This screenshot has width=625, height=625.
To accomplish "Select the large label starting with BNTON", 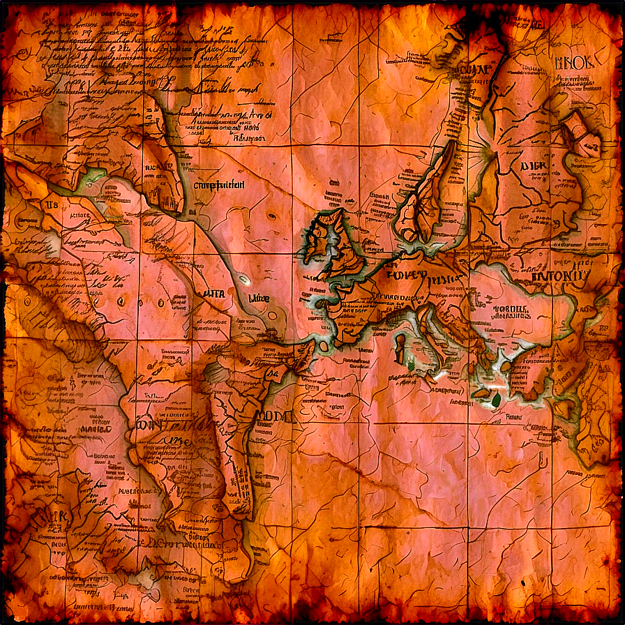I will click(x=562, y=276).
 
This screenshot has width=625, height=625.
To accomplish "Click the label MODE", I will click(x=275, y=416).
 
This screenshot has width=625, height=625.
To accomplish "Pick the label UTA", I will click(x=213, y=294).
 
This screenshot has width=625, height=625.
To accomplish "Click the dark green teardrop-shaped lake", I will click(x=496, y=400).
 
